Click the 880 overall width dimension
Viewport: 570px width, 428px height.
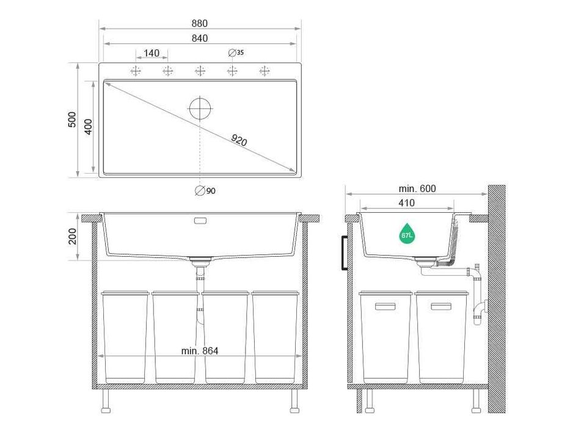click(x=200, y=23)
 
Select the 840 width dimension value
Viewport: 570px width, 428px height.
click(x=200, y=38)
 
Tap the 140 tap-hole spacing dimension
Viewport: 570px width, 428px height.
click(x=152, y=53)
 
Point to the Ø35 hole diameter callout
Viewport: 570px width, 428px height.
click(x=236, y=53)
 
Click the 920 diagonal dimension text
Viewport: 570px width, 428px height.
click(x=239, y=140)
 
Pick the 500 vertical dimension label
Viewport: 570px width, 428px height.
click(x=72, y=119)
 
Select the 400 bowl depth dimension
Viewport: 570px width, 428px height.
click(x=89, y=127)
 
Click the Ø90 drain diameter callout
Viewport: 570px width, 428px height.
click(x=205, y=191)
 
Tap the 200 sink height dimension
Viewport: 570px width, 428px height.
click(x=72, y=236)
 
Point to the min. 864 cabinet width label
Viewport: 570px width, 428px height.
click(x=200, y=351)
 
